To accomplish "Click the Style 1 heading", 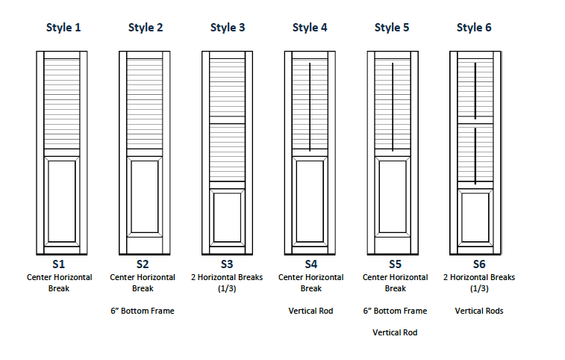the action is pyautogui.click(x=63, y=28).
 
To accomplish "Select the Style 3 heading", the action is pyautogui.click(x=227, y=28).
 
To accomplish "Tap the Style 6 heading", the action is pyautogui.click(x=473, y=28).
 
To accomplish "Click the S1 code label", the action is pyautogui.click(x=59, y=264).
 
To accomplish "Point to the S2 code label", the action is pyautogui.click(x=143, y=264).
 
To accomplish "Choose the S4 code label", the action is pyautogui.click(x=310, y=264).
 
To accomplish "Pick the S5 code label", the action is pyautogui.click(x=395, y=264).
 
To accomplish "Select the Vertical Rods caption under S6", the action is pyautogui.click(x=478, y=311).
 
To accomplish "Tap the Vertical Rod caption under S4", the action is pyautogui.click(x=310, y=311).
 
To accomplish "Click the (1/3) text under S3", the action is pyautogui.click(x=227, y=288).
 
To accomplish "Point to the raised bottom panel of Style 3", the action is pyautogui.click(x=227, y=217).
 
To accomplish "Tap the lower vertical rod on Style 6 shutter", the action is pyautogui.click(x=475, y=155).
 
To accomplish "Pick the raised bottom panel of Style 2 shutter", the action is pyautogui.click(x=145, y=196).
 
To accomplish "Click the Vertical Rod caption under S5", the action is pyautogui.click(x=395, y=333).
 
